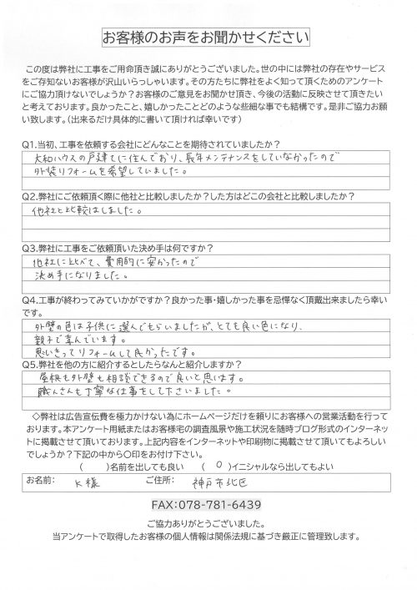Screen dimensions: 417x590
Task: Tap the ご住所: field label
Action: pos(173,480)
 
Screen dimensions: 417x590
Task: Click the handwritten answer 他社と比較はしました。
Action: pos(83,211)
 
